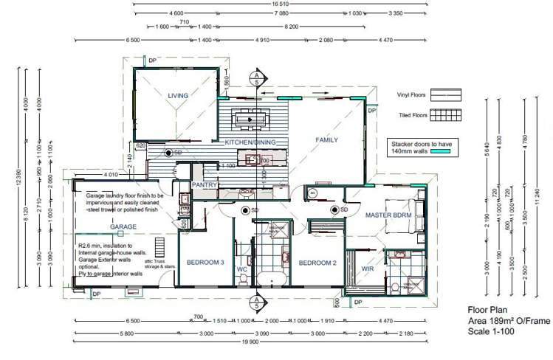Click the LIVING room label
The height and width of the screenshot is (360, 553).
pyautogui.click(x=178, y=96)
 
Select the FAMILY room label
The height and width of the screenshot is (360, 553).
pyautogui.click(x=326, y=139)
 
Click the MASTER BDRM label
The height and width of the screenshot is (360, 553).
pyautogui.click(x=388, y=215)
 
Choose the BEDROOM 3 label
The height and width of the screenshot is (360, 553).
pyautogui.click(x=204, y=263)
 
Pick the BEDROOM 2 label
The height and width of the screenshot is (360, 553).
pyautogui.click(x=317, y=263)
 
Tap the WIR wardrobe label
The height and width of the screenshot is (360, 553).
pyautogui.click(x=367, y=270)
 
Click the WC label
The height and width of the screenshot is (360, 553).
pyautogui.click(x=241, y=270)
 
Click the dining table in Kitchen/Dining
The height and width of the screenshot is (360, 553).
pyautogui.click(x=250, y=117)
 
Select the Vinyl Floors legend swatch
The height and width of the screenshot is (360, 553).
pyautogui.click(x=446, y=94)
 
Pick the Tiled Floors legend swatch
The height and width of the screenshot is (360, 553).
pyautogui.click(x=446, y=115)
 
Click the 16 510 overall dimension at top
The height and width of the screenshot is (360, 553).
pyautogui.click(x=280, y=4)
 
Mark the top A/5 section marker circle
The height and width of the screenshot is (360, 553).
pyautogui.click(x=255, y=76)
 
